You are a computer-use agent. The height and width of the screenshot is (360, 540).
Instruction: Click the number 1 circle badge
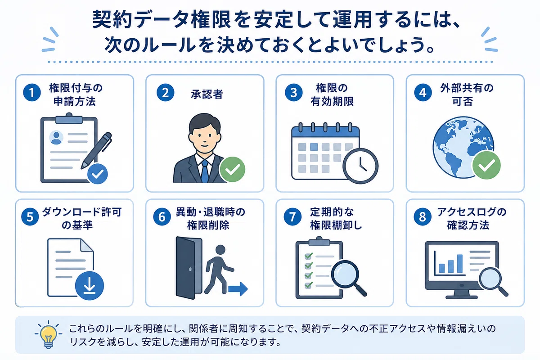pos(32,92)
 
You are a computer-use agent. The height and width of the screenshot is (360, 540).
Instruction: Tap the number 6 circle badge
pos(162,216)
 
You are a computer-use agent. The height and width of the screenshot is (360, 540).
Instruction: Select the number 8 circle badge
pos(423,216)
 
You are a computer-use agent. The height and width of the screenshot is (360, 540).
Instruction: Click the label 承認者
pos(207,94)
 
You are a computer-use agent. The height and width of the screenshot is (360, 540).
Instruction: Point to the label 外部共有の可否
pos(467,94)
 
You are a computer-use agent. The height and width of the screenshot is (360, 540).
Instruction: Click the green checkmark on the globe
pos(486,165)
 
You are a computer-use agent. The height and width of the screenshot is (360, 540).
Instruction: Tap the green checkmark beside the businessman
pos(232,169)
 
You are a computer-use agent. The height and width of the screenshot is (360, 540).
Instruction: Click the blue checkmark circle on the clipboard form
pos(97,174)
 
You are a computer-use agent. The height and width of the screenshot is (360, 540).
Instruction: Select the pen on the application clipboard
pos(96,150)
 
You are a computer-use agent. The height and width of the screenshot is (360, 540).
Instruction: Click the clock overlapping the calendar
pos(360,166)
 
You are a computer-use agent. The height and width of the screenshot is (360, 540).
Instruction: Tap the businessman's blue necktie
pos(205,171)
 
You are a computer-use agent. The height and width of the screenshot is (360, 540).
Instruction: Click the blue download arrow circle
pos(90,285)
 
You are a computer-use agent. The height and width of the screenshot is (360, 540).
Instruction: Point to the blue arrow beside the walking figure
pos(238,288)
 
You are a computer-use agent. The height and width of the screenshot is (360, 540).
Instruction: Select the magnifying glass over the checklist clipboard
pos(348,278)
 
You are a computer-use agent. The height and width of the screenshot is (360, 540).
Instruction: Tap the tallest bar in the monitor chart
pos(460,263)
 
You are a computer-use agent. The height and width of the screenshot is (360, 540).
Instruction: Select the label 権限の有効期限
pos(332,94)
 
